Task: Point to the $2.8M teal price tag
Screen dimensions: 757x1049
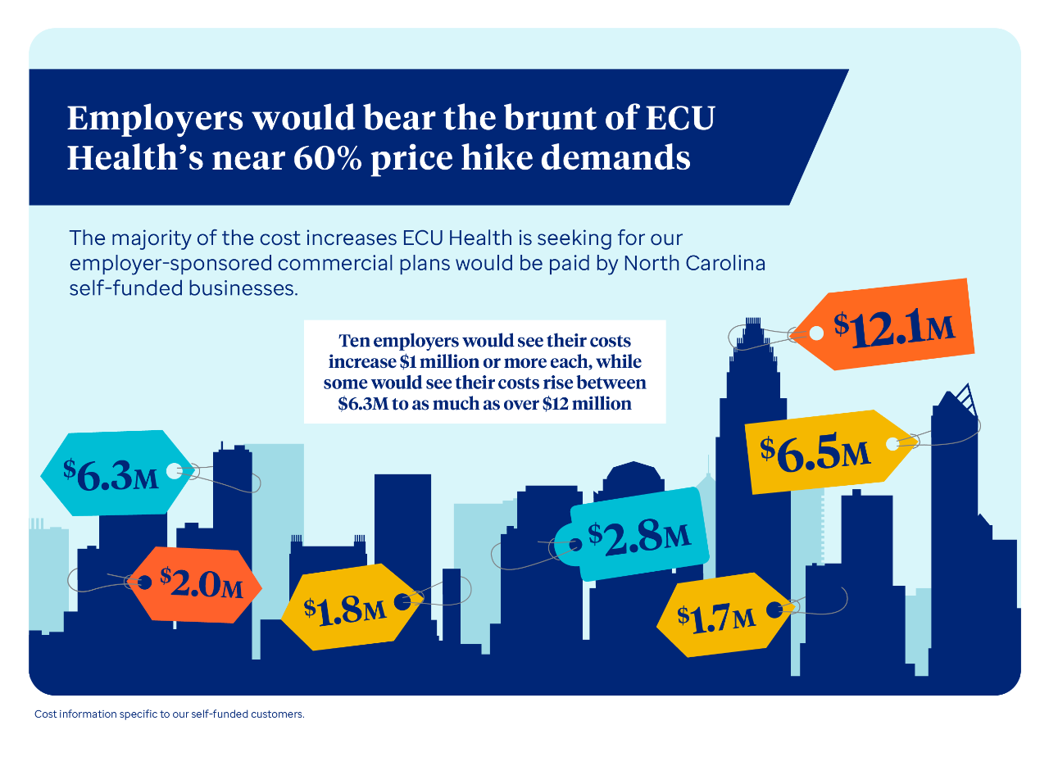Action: tap(639, 537)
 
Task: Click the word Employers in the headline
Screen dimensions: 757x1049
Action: tap(155, 119)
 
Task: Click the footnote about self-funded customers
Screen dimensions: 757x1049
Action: tap(170, 714)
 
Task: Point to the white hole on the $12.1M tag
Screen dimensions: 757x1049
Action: tap(816, 333)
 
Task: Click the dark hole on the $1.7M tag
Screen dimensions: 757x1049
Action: tap(773, 610)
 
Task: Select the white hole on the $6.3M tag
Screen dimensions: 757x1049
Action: tap(174, 470)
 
